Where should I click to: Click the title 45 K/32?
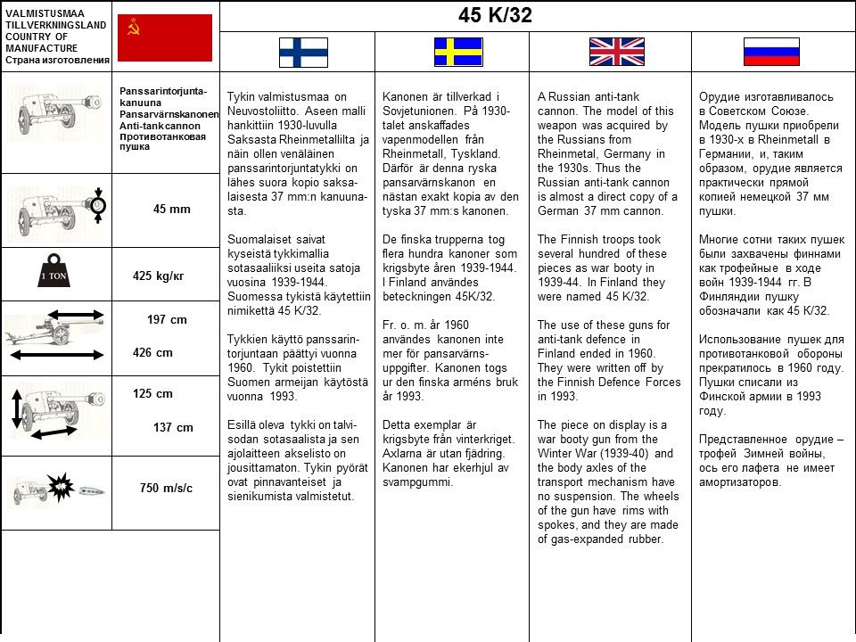point(495,15)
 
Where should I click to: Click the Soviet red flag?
point(165,37)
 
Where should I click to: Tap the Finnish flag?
point(303,52)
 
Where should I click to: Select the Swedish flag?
point(458,52)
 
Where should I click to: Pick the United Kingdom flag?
point(616,52)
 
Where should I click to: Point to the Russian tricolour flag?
point(771,52)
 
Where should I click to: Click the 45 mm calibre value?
point(172,210)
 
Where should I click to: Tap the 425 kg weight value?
point(158,276)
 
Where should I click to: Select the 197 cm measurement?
point(167,319)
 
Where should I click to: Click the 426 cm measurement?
point(152,352)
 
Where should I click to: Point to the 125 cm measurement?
point(152,393)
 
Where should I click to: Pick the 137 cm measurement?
point(173,427)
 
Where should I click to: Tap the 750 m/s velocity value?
point(166,488)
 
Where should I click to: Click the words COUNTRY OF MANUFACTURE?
point(41,42)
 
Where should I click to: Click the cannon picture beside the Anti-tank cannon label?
point(53,119)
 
